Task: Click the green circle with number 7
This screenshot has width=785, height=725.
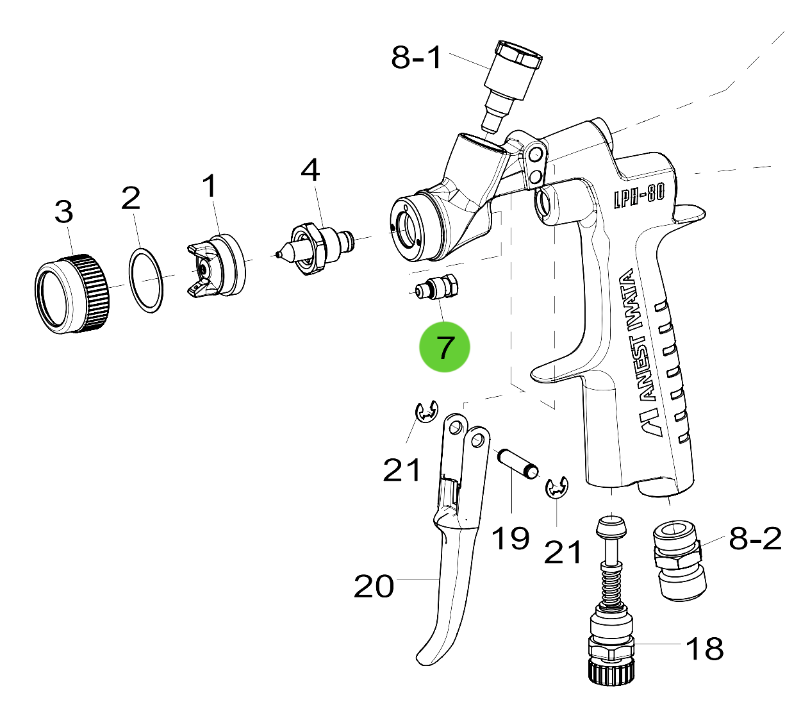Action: pos(444,347)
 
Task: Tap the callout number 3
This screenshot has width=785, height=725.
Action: pos(63,212)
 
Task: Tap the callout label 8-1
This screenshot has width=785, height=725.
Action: pos(417,58)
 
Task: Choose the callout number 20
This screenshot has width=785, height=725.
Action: pos(374,586)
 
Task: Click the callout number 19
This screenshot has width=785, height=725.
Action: pos(510,538)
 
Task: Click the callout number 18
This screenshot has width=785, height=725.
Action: pos(704,649)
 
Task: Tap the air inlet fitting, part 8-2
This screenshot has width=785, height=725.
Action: pos(679,562)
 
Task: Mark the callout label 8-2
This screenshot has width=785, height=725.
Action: pos(756,539)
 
